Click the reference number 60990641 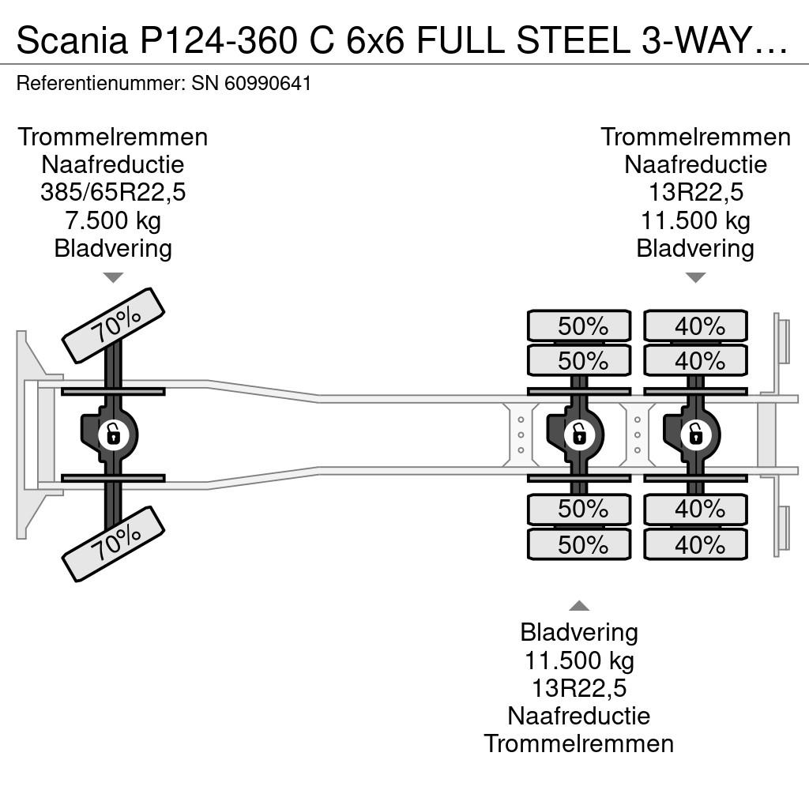(268, 83)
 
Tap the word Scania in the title (72, 40)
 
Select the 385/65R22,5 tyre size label (113, 193)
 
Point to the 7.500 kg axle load (113, 220)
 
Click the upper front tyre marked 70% (113, 325)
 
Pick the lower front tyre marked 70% (113, 544)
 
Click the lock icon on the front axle (113, 435)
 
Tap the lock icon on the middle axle (579, 435)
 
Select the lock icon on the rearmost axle (695, 435)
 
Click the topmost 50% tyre (579, 325)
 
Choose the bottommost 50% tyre (579, 544)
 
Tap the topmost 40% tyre (695, 325)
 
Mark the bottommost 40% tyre (695, 544)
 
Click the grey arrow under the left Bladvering (113, 277)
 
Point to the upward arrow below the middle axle (579, 606)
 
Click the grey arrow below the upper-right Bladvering (695, 277)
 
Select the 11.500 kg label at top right (695, 220)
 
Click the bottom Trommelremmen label (579, 744)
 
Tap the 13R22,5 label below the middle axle (579, 688)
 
